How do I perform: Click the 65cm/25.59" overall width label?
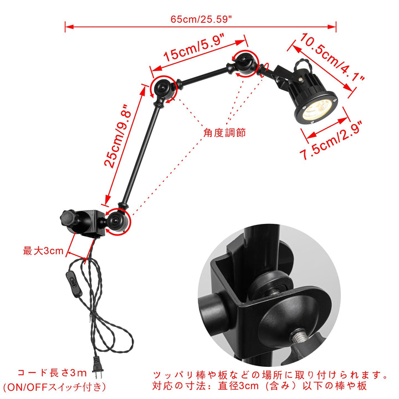[x=201, y=19]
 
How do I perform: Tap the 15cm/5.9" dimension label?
[x=194, y=48]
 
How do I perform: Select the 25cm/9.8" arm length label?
[x=118, y=136]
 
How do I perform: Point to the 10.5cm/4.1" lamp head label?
[x=332, y=57]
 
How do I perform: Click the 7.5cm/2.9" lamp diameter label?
[x=331, y=141]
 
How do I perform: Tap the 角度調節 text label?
[x=224, y=133]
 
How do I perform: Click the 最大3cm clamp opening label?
[x=43, y=250]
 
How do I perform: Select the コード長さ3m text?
[x=52, y=373]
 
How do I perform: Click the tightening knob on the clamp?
[x=67, y=218]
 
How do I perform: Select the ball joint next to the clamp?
[x=116, y=220]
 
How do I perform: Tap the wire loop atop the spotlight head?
[x=302, y=65]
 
